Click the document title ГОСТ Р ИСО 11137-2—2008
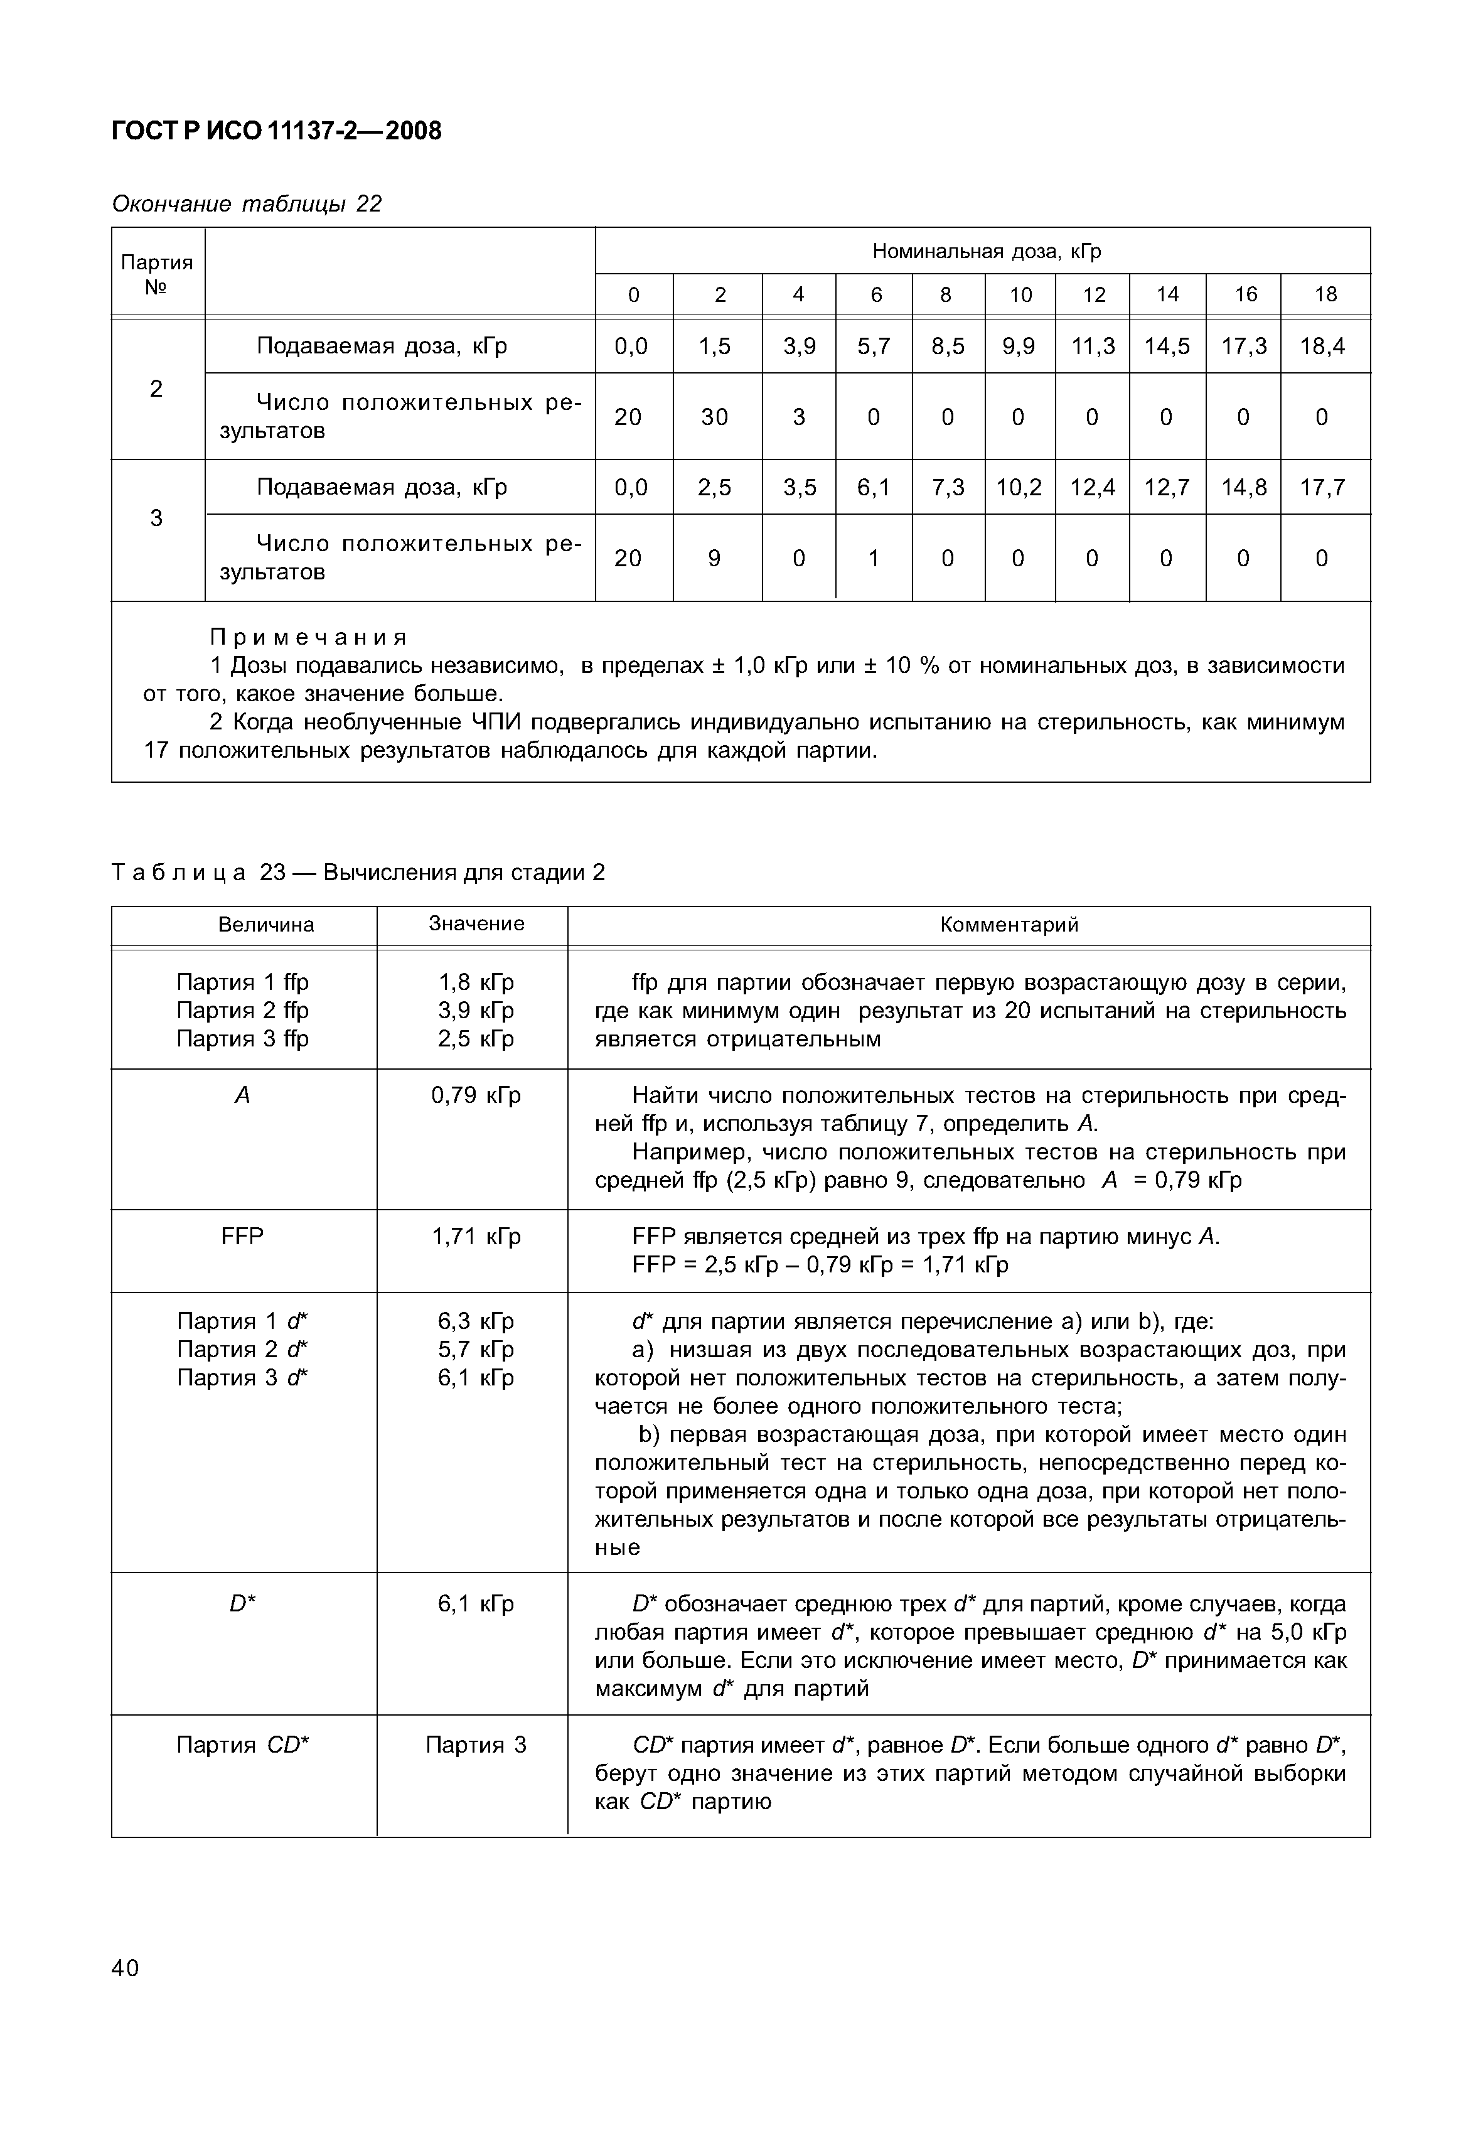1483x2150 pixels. (x=276, y=131)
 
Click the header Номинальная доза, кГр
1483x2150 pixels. (x=986, y=251)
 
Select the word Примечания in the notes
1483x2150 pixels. (x=309, y=637)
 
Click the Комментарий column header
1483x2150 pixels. (x=1009, y=925)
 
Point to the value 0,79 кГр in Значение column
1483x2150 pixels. (x=476, y=1095)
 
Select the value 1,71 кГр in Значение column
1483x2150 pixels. (x=476, y=1236)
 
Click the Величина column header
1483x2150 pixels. (x=265, y=925)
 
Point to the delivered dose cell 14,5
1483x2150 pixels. (x=1167, y=347)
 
